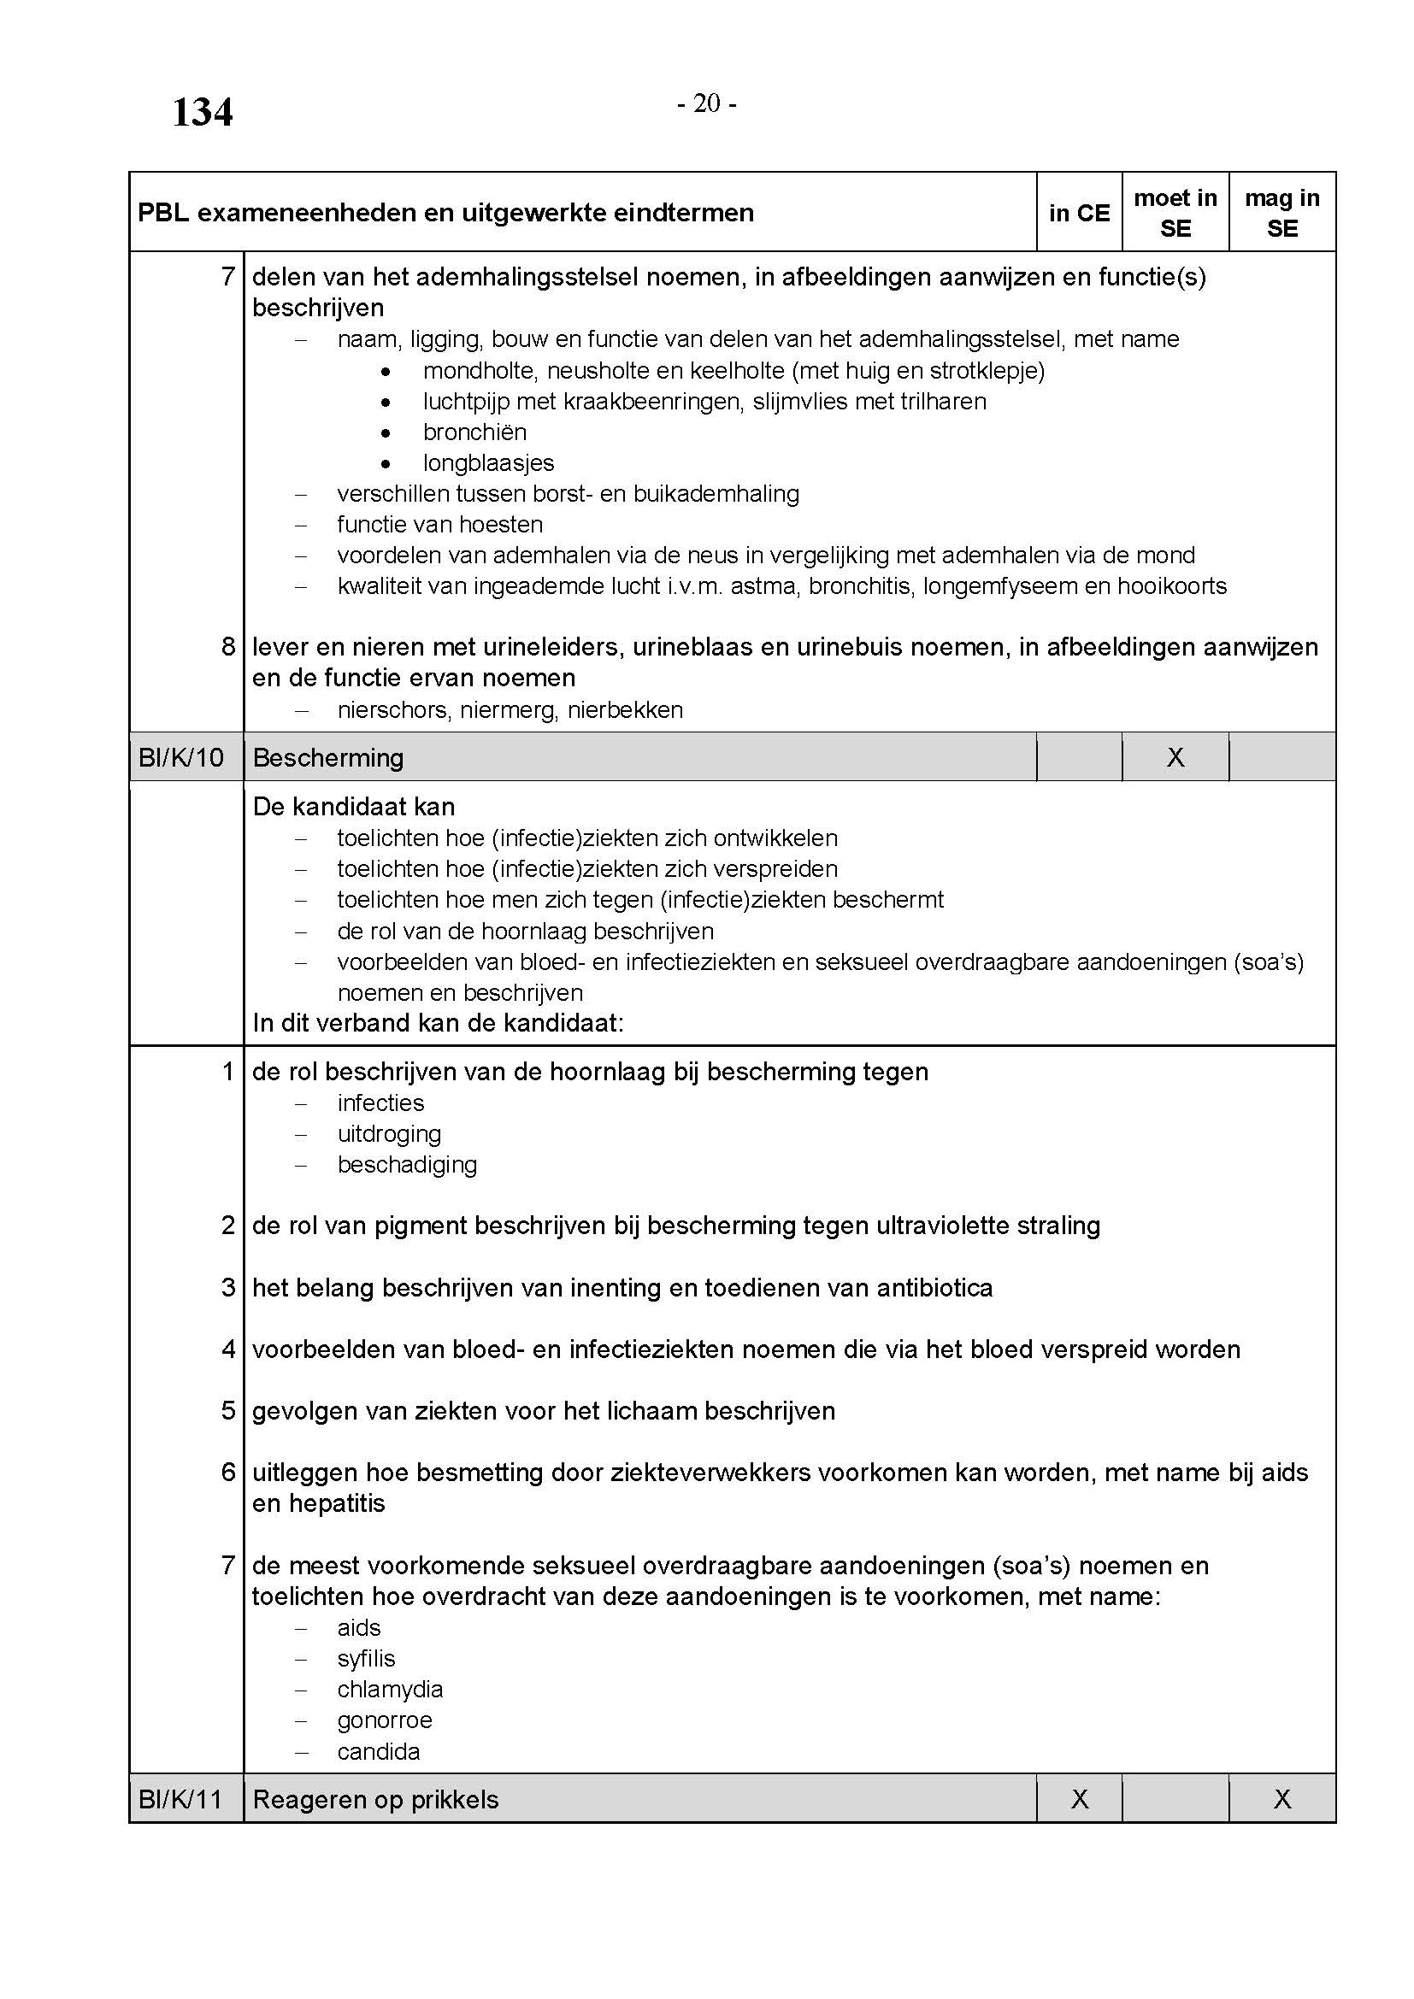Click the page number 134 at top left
tap(202, 113)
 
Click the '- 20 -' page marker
tap(706, 104)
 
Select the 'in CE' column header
tap(1079, 214)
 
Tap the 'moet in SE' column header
tap(1175, 214)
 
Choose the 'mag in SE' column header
tap(1281, 214)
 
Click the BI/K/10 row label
tap(181, 757)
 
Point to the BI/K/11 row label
tap(181, 1800)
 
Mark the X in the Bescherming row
tap(1175, 757)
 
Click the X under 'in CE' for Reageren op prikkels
tap(1079, 1800)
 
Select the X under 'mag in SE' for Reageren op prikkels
tap(1281, 1800)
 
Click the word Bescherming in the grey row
tap(328, 757)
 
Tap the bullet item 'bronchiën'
tap(474, 432)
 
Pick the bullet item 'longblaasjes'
tap(488, 463)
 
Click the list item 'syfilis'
tap(367, 1659)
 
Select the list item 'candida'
tap(379, 1752)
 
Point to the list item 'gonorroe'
tap(385, 1720)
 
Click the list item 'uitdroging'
tap(389, 1133)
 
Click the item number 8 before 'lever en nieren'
tap(228, 647)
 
